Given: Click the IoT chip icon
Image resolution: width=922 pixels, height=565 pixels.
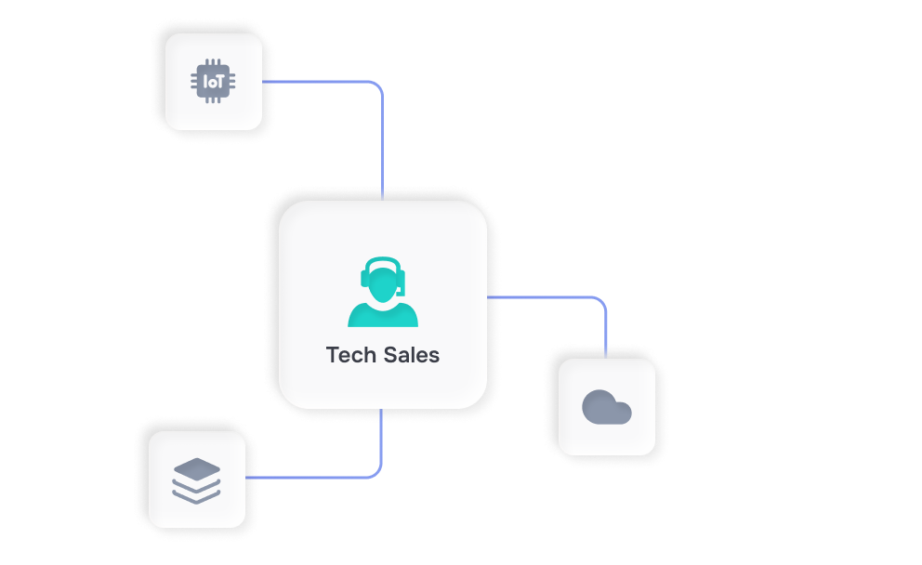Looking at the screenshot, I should (214, 82).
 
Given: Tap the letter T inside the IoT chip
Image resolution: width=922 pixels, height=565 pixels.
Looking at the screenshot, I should (220, 82).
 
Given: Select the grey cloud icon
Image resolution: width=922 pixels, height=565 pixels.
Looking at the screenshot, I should (606, 407).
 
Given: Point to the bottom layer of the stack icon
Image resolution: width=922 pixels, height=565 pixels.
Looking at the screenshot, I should (196, 495).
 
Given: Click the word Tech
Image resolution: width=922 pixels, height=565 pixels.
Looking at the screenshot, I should (351, 355).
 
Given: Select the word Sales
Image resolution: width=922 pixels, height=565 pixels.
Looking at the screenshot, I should (412, 355).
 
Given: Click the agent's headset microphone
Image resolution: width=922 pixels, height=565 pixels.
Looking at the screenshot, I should (399, 292).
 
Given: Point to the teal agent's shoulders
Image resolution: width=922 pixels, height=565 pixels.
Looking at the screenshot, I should (383, 315).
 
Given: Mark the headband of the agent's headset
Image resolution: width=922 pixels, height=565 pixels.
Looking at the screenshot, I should (383, 260).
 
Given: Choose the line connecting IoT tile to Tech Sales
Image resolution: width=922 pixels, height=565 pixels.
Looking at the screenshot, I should (382, 139).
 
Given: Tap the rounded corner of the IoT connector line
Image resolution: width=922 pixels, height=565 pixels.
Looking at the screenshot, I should (376, 86).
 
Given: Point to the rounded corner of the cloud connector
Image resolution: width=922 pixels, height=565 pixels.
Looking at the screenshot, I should (600, 302).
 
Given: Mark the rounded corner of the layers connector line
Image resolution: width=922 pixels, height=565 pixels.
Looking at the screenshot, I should (376, 473).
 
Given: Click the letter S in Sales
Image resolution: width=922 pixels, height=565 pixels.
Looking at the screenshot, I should (389, 355).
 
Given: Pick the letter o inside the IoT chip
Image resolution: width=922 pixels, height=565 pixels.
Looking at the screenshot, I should (212, 82).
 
